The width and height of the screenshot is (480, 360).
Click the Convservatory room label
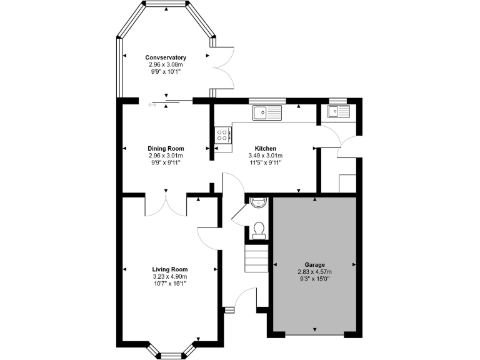click(166, 57)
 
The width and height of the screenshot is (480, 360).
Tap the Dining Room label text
click(166, 149)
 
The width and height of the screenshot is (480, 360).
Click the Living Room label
click(169, 269)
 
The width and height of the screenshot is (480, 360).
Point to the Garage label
click(315, 264)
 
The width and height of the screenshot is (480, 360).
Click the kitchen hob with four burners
click(222, 136)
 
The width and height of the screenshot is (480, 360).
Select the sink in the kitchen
click(267, 112)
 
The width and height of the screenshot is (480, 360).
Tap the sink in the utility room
click(338, 111)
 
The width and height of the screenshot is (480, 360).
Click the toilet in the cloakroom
click(258, 231)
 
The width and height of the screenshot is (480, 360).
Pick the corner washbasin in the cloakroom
click(257, 202)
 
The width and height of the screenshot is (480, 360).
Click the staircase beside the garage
click(256, 257)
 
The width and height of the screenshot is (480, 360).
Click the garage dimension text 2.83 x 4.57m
click(315, 272)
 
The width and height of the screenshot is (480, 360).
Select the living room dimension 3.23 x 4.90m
click(169, 277)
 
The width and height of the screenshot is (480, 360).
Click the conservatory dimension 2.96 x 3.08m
click(166, 64)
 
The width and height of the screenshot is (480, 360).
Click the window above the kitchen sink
click(267, 101)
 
